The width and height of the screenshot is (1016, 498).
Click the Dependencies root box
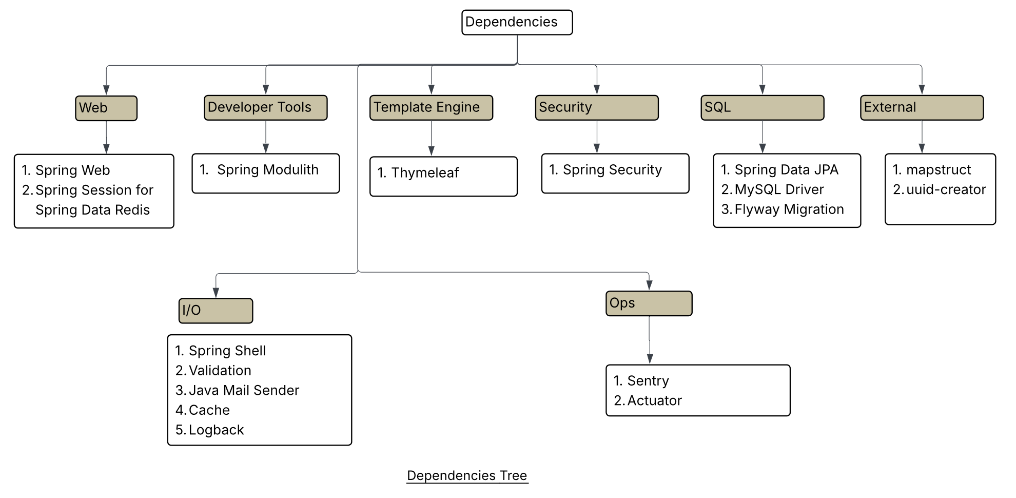517,23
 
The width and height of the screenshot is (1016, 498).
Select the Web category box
106,108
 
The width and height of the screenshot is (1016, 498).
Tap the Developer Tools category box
265,108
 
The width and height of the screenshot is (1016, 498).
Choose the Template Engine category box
431,108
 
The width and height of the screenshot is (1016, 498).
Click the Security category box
596,108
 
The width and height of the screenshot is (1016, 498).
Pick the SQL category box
762,108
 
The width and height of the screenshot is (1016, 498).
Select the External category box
922,108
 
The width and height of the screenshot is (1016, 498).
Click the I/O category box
216,311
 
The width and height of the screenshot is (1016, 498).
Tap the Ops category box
649,303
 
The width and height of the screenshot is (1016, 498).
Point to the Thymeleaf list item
424,173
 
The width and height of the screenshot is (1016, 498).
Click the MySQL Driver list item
778,189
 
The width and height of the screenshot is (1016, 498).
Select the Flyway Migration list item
789,209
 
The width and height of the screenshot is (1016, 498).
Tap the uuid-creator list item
946,189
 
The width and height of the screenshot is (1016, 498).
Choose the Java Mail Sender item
243,390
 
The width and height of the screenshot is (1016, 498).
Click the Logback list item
216,430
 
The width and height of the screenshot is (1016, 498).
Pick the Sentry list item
648,381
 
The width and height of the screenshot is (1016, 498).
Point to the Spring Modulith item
267,170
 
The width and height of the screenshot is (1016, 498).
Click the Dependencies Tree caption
467,476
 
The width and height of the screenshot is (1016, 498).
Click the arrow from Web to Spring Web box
106,137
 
